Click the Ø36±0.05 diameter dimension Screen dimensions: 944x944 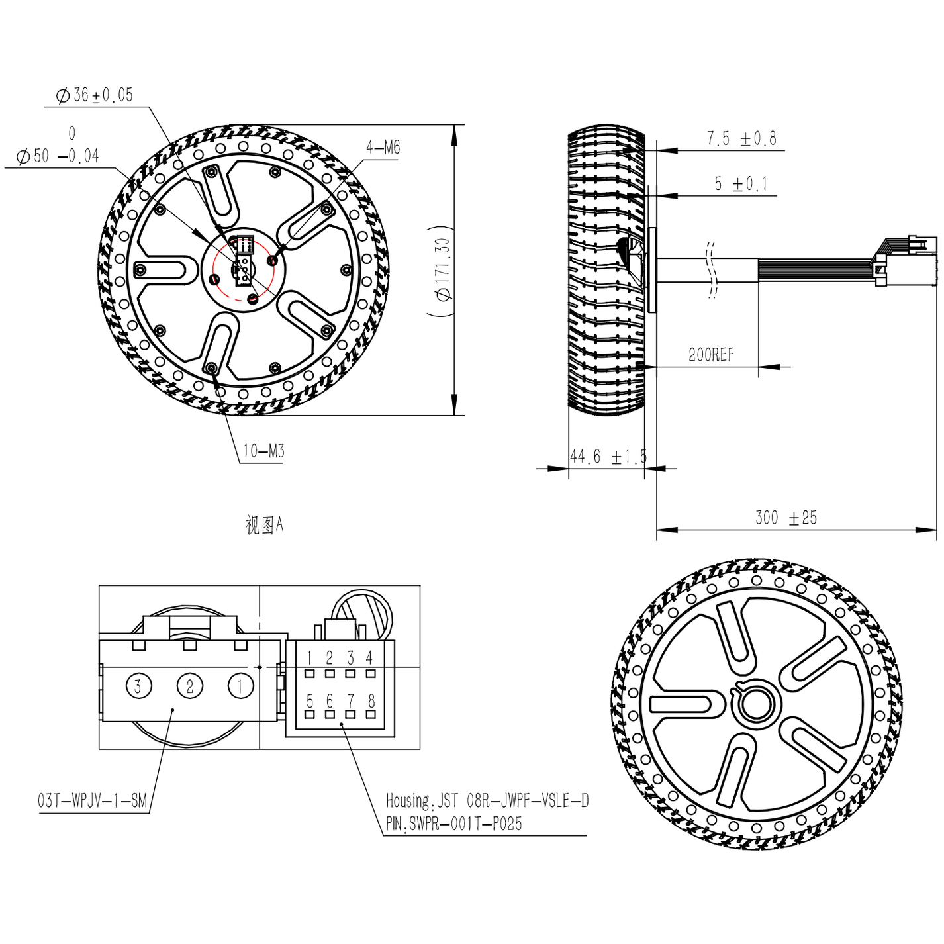(95, 95)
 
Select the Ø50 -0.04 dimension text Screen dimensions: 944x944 (58, 156)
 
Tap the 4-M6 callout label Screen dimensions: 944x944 (383, 148)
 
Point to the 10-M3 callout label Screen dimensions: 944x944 (263, 451)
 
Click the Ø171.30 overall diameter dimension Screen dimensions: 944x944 (442, 269)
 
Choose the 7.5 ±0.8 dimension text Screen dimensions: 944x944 (741, 139)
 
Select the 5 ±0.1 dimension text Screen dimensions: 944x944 (741, 184)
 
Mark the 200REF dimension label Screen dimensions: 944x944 (711, 355)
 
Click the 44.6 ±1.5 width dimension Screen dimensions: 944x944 (608, 457)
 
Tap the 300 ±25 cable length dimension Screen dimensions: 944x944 (786, 518)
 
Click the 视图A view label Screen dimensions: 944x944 (264, 525)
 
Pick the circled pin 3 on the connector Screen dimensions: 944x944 (138, 686)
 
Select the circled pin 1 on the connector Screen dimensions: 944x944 (240, 686)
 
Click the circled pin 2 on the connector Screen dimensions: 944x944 (190, 686)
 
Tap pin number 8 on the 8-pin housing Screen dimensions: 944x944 (371, 700)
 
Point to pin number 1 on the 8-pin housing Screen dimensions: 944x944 (309, 658)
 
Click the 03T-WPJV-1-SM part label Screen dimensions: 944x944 (92, 801)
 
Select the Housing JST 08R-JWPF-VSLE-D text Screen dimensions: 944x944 (487, 801)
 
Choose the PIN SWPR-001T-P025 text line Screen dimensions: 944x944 (454, 824)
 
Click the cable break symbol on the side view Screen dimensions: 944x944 (712, 270)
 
